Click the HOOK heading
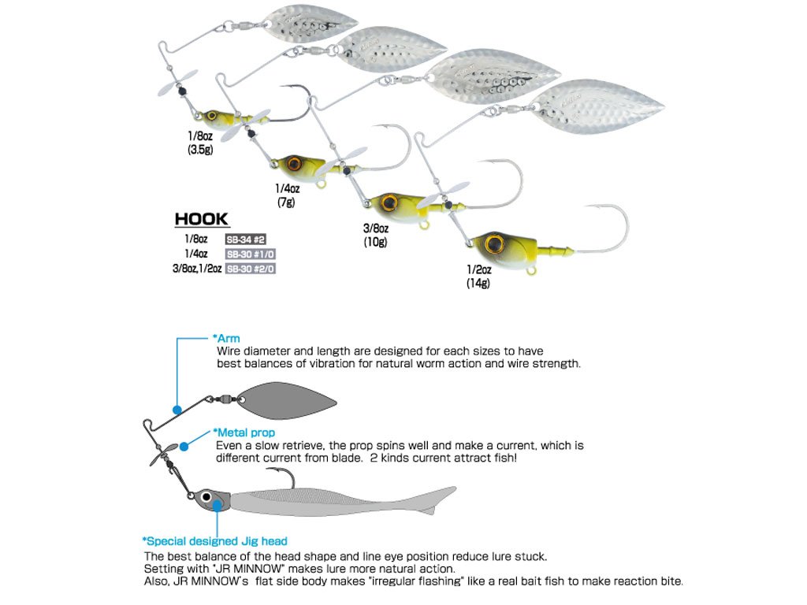point(201,219)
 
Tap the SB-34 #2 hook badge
point(244,239)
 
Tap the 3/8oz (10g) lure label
point(374,236)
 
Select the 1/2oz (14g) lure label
point(478,277)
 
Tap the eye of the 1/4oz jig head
point(296,164)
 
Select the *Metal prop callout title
point(244,432)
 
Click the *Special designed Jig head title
point(214,541)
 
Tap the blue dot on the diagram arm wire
point(179,410)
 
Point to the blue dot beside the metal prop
point(184,446)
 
